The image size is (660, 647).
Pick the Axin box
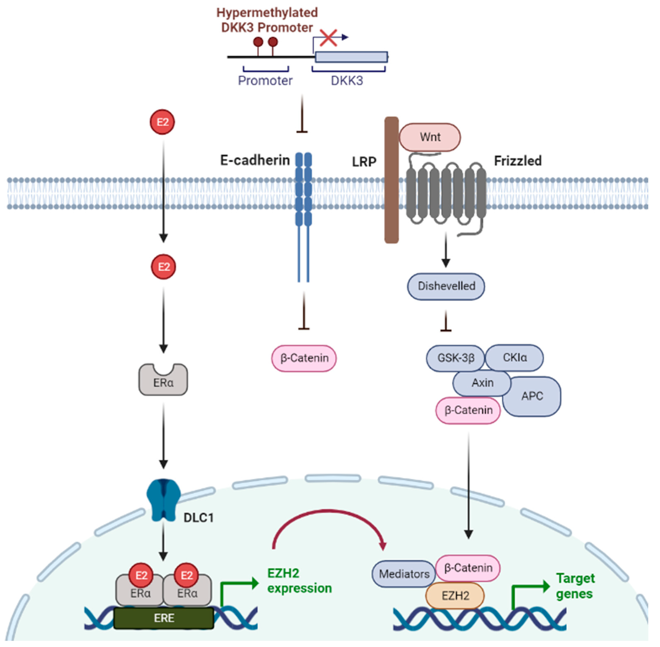pos(482,383)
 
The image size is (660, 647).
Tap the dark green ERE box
pos(164,618)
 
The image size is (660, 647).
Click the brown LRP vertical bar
pos(391,180)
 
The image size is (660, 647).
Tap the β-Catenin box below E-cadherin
pos(304,358)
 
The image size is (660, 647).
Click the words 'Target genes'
pos(575,586)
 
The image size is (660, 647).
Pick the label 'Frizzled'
pos(517,161)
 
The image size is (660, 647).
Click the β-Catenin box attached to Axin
pos(468,410)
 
